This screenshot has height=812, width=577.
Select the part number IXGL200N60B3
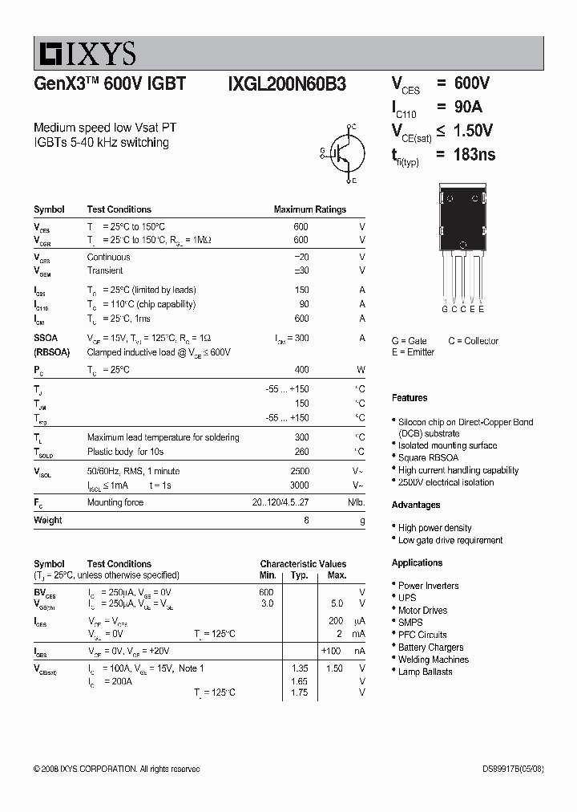pyautogui.click(x=287, y=84)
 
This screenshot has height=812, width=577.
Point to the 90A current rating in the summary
pyautogui.click(x=468, y=108)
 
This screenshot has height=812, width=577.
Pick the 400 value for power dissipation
pyautogui.click(x=301, y=370)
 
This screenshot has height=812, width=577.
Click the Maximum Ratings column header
pyautogui.click(x=309, y=209)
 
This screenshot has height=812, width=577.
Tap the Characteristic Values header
pyautogui.click(x=303, y=564)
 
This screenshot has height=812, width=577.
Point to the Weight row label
pyautogui.click(x=47, y=520)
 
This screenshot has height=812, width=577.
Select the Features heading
pyautogui.click(x=410, y=398)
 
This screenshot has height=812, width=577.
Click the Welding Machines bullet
pyautogui.click(x=433, y=660)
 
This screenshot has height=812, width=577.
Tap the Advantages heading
pyautogui.click(x=416, y=505)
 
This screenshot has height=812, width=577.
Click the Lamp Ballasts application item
pyautogui.click(x=425, y=672)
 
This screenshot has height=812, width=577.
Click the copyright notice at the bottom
pyautogui.click(x=117, y=769)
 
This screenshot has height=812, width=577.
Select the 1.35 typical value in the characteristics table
pyautogui.click(x=300, y=668)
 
